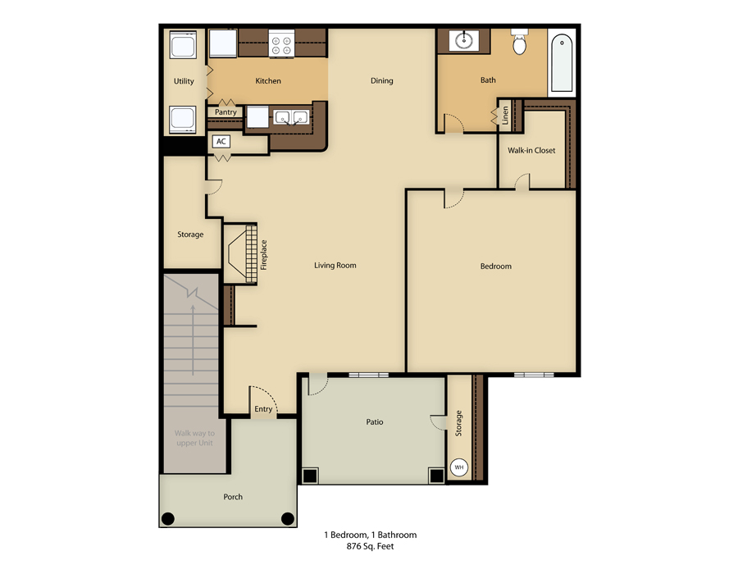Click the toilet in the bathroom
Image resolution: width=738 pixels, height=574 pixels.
tap(519, 43)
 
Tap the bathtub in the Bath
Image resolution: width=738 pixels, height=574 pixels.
tap(563, 63)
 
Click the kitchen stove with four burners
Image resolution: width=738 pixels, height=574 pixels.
tap(281, 43)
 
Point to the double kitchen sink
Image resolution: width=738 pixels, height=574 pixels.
tap(291, 117)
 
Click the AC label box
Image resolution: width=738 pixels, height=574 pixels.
tap(221, 141)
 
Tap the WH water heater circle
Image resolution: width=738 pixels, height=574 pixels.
tap(459, 468)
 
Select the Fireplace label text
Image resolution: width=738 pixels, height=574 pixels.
tap(264, 254)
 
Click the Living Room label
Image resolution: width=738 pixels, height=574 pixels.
tap(335, 266)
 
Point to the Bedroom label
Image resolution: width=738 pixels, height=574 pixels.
tap(495, 266)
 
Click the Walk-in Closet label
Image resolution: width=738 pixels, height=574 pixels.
tap(531, 151)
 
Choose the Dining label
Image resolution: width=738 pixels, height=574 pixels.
tap(381, 81)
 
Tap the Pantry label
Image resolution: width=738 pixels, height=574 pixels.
tap(225, 112)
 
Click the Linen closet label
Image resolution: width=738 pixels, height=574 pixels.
tap(505, 115)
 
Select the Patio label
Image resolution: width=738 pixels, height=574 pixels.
tap(374, 422)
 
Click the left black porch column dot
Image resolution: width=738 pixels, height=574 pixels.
tap(168, 518)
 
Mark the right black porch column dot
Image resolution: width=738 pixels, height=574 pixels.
tap(287, 518)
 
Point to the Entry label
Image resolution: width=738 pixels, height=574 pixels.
tap(263, 409)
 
